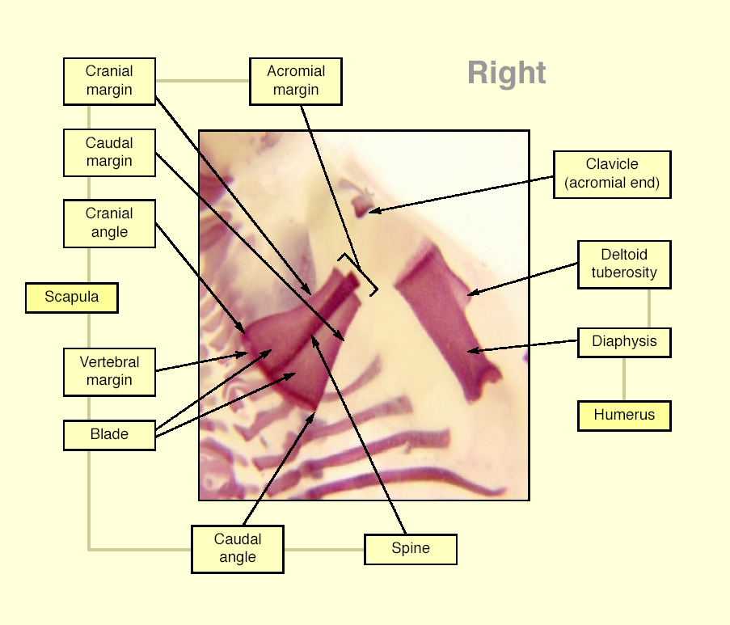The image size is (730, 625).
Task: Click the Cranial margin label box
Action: (x=109, y=81)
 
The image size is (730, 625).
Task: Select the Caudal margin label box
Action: (x=109, y=153)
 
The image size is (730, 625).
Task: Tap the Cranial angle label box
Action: (x=109, y=223)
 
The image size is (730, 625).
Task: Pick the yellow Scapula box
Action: (x=72, y=298)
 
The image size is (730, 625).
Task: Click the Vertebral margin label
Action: (x=109, y=372)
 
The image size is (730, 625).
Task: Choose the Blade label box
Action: (x=109, y=435)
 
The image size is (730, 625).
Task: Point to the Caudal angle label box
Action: (x=238, y=549)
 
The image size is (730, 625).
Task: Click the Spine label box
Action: (x=411, y=549)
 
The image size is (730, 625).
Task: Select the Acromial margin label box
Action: (x=296, y=81)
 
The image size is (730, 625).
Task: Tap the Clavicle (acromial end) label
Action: (x=612, y=174)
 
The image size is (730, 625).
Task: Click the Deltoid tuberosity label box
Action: (x=624, y=264)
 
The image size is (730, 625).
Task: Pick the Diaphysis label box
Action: (x=624, y=342)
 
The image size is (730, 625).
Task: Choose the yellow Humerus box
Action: (x=624, y=416)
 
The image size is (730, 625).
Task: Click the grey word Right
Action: (x=507, y=74)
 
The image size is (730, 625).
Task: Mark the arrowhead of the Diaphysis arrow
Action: (x=470, y=352)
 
